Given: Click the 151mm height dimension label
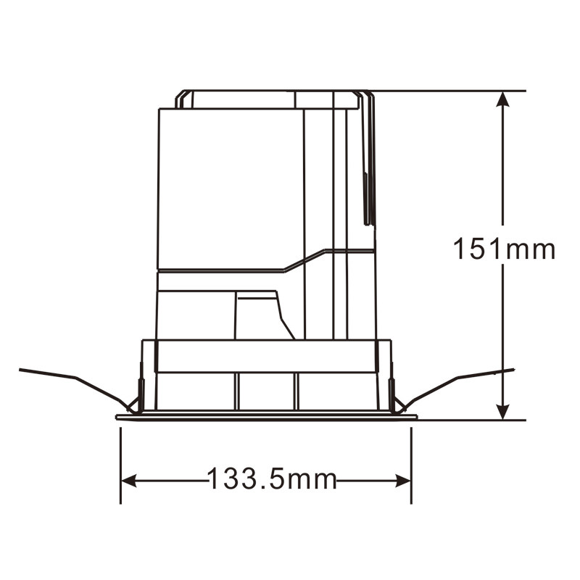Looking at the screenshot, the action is pos(504,249).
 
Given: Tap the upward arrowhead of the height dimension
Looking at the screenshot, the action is pos(502,99).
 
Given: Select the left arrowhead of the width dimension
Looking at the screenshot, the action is pos(129,481).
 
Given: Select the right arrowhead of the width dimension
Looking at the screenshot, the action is pos(403,481).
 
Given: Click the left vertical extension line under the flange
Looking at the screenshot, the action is pos(120,465).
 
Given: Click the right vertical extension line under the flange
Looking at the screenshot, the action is pos(411,465).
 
